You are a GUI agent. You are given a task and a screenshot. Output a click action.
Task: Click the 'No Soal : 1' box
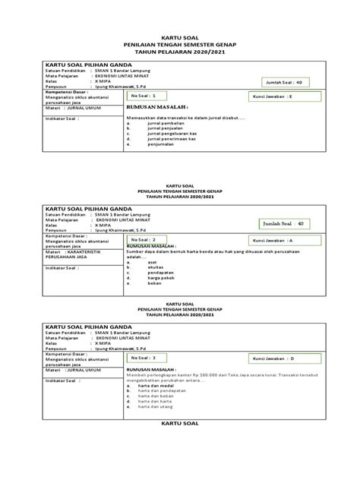click(158, 97)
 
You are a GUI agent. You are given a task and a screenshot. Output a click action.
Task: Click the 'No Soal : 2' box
click(158, 239)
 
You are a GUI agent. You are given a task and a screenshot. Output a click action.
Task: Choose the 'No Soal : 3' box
click(158, 357)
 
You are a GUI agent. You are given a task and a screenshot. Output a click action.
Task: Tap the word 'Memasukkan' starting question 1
click(144, 116)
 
